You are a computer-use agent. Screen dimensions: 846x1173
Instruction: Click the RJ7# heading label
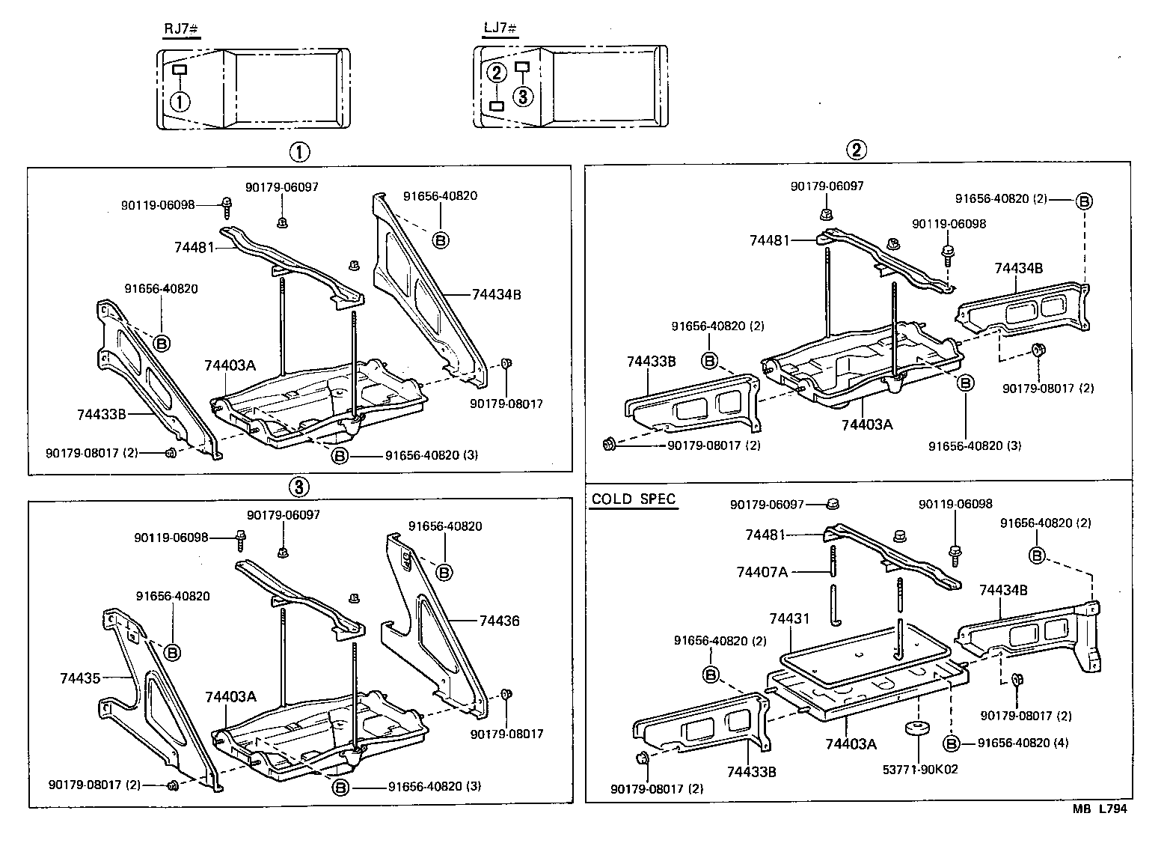coord(180,28)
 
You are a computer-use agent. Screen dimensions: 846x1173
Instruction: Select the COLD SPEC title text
coord(633,499)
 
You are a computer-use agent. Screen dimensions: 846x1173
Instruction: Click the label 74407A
coord(762,572)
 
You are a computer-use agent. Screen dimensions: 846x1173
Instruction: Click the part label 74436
coord(499,621)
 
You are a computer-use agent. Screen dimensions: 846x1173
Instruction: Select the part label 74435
coord(80,678)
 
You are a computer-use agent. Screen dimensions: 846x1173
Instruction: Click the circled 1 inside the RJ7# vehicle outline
coord(180,101)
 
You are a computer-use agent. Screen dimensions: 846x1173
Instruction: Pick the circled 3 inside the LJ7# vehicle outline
coord(523,95)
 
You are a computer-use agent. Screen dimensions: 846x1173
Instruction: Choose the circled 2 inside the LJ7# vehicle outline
coord(495,73)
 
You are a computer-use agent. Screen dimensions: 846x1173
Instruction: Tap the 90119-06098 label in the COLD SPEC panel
coord(954,505)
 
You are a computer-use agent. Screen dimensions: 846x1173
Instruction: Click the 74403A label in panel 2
coord(867,424)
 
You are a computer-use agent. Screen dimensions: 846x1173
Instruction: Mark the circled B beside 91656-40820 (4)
coord(951,743)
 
